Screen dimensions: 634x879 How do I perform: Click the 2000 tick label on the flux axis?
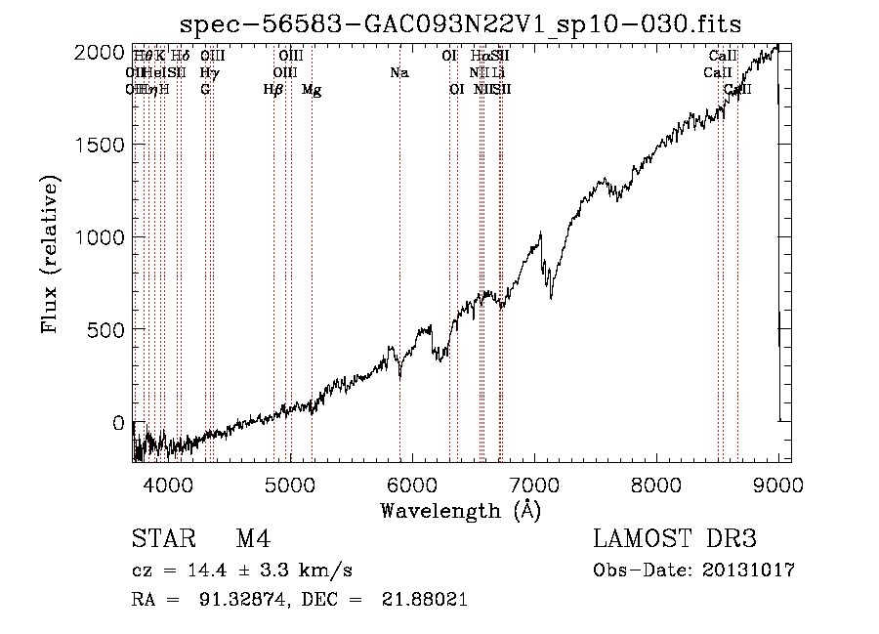pyautogui.click(x=101, y=52)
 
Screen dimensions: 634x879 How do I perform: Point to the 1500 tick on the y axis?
pyautogui.click(x=101, y=145)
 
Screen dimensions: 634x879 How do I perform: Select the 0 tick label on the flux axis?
pyautogui.click(x=118, y=423)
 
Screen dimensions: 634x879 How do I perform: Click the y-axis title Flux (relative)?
pyautogui.click(x=51, y=254)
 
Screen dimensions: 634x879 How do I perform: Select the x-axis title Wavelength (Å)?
pyautogui.click(x=460, y=510)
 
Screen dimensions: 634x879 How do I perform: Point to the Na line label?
pyautogui.click(x=398, y=73)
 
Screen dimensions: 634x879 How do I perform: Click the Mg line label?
pyautogui.click(x=312, y=90)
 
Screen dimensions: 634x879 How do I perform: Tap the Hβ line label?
pyautogui.click(x=273, y=90)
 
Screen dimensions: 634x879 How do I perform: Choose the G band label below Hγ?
pyautogui.click(x=205, y=90)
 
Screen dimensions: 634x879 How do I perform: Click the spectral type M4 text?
pyautogui.click(x=253, y=539)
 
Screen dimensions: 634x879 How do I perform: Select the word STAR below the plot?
pyautogui.click(x=160, y=539)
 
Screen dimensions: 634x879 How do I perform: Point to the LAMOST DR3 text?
pyautogui.click(x=675, y=539)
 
